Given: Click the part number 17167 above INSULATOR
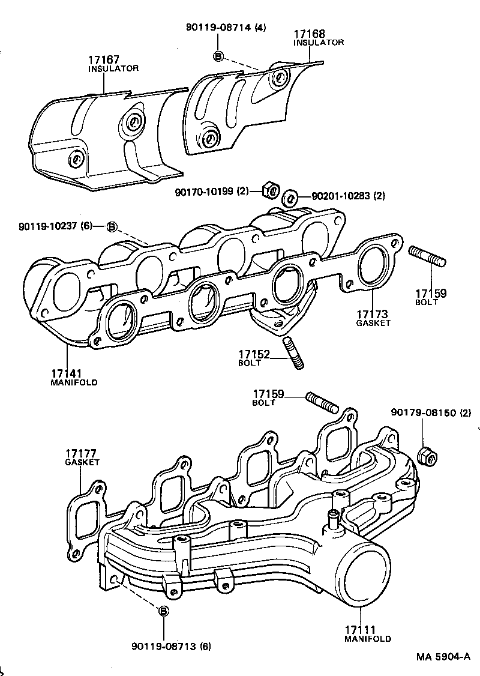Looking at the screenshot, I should [x=104, y=60].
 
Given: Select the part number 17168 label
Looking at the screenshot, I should [x=310, y=34].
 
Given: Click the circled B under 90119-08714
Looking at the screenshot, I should [x=218, y=56].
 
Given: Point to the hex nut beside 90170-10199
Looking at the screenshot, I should [x=270, y=190].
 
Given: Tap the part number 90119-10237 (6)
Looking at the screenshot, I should [x=56, y=226].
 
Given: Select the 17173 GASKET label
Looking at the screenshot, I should [x=373, y=318].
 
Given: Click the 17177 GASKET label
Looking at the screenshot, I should [x=82, y=457].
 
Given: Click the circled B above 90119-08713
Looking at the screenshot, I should [x=163, y=610].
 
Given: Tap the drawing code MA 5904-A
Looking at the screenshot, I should [x=443, y=657].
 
